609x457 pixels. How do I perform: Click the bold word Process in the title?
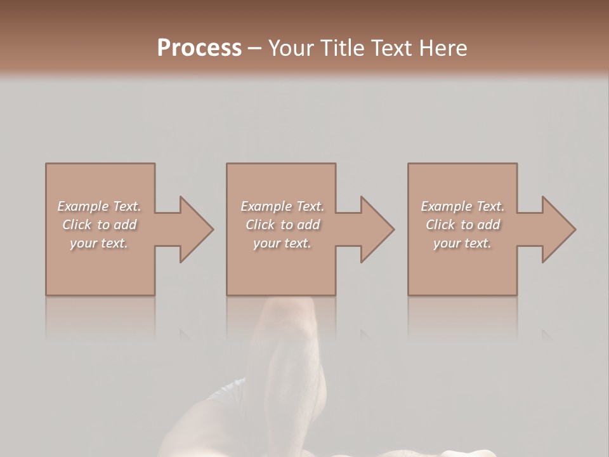(199, 48)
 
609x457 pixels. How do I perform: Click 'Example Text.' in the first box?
(99, 206)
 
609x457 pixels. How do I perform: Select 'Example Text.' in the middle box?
(282, 206)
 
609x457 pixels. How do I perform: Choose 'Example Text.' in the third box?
(462, 206)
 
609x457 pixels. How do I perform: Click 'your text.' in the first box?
(99, 243)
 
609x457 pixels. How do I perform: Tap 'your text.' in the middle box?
(282, 243)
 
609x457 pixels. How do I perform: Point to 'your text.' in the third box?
(462, 243)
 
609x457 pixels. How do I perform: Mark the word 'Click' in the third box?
(440, 225)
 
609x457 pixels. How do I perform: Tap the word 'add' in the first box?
(125, 225)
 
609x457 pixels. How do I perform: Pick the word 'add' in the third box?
(488, 225)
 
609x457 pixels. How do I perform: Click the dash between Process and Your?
(255, 48)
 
